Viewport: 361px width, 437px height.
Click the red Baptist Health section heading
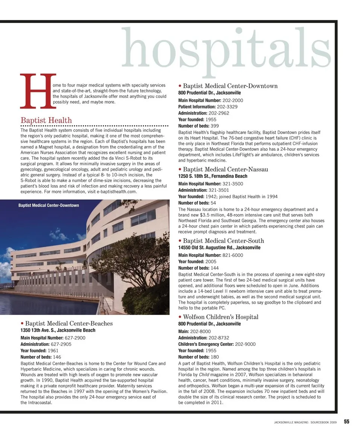(x=46, y=120)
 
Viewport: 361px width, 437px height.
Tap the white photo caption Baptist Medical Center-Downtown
(x=49, y=205)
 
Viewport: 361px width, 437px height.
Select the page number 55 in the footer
(x=346, y=422)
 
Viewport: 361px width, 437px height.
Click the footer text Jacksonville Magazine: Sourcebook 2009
(x=306, y=422)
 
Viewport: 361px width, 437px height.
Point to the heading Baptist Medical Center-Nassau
(x=225, y=170)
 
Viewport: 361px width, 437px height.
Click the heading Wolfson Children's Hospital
(x=220, y=317)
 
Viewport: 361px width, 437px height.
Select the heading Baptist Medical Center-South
(x=223, y=241)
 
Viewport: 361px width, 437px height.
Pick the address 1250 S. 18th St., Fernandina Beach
(x=213, y=176)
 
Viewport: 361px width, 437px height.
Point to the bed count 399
(x=215, y=126)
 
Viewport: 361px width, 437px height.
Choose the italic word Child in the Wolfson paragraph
(x=204, y=375)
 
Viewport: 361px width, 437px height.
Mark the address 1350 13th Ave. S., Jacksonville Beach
(x=58, y=330)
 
